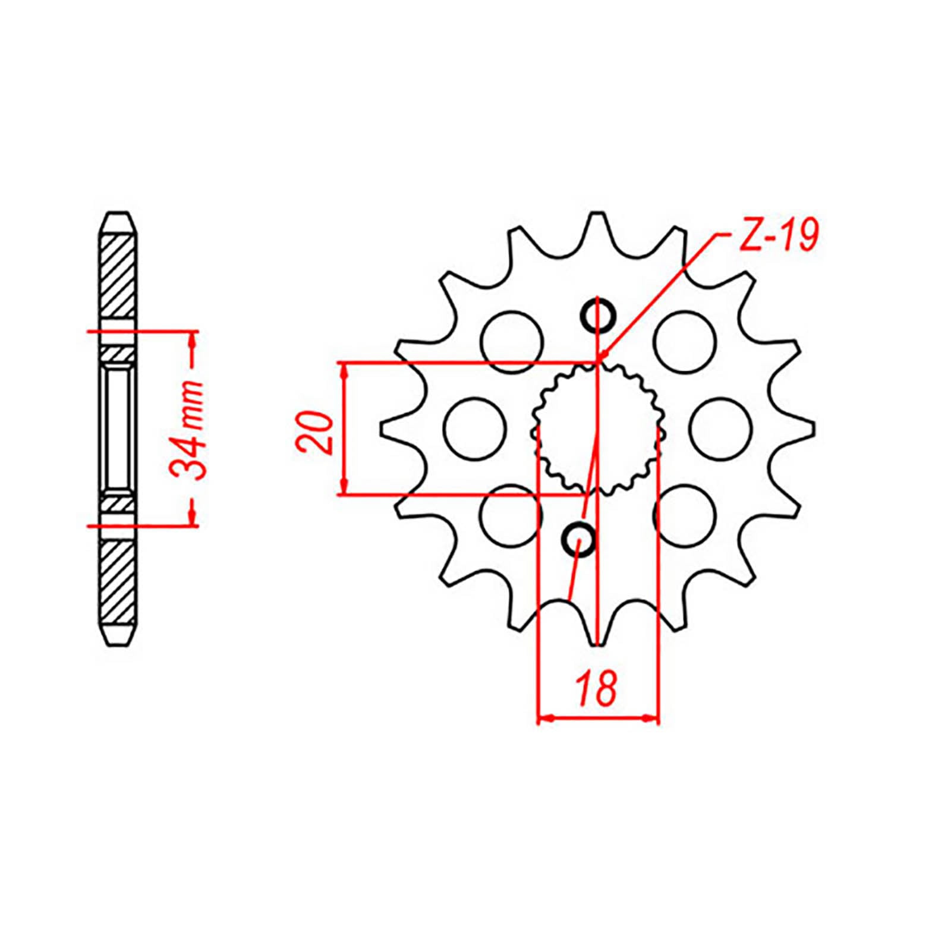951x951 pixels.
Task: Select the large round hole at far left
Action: pos(474,428)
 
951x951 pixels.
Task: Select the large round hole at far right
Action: pos(721,428)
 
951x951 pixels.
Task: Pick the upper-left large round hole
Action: pos(512,342)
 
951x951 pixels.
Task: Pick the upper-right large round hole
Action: pos(685,341)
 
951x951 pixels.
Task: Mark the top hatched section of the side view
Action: pos(119,276)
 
